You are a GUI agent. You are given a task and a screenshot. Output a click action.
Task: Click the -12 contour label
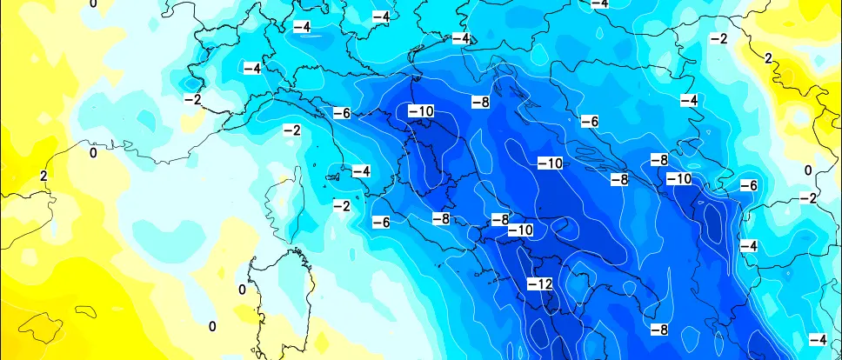coord(540,284)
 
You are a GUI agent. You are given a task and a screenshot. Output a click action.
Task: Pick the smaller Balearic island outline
coord(87,310)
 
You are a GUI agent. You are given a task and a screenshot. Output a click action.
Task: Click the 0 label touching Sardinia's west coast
coord(242,289)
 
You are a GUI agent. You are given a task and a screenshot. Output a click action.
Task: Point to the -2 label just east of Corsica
coord(342,205)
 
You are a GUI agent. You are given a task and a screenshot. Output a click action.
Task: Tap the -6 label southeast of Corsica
coord(381,222)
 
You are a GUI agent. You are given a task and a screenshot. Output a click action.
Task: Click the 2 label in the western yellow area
coord(43,176)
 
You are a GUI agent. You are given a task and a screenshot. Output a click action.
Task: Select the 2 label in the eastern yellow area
coord(767,58)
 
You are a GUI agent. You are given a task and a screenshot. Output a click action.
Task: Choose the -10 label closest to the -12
coord(520,230)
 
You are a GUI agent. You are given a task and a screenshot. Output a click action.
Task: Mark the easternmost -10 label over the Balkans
coord(678,178)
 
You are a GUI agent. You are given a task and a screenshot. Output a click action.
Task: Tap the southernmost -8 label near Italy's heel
coord(659,330)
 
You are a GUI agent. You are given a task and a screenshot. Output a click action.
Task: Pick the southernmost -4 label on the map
coord(818,338)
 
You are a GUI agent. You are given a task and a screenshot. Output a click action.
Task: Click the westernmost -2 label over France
coord(192,99)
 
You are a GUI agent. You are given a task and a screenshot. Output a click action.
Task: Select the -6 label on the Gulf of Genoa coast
coord(341,113)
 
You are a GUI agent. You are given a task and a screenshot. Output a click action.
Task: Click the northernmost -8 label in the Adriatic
coord(480,102)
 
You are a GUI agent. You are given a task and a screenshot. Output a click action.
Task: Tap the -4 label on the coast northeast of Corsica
coord(361,170)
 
